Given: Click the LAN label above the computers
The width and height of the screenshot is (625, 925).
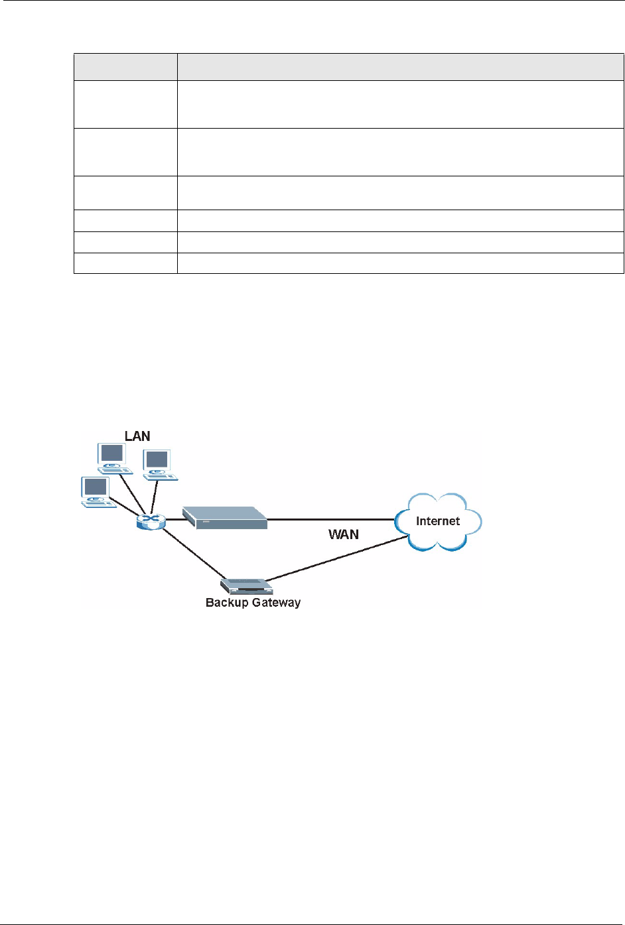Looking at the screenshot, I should tap(137, 436).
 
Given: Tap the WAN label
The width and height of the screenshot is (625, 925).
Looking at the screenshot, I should tap(344, 534).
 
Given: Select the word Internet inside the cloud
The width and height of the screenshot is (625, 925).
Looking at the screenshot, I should tap(438, 521).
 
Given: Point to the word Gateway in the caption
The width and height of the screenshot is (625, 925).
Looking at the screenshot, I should tap(277, 603).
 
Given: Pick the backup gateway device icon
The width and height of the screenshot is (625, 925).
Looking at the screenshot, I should tap(246, 586).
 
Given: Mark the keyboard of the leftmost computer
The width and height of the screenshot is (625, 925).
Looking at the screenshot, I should tap(98, 503).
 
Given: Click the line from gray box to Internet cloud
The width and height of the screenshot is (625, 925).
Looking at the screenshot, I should tap(332, 520).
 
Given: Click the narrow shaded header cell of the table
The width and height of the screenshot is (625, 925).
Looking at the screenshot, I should tap(125, 67).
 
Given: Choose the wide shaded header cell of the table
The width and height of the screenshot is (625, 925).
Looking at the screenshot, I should tap(400, 67).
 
